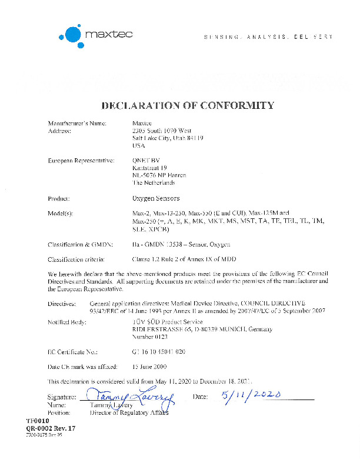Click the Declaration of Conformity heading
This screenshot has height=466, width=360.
click(188, 106)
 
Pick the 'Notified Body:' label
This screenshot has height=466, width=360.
click(68, 322)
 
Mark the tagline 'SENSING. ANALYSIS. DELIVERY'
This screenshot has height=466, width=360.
click(268, 37)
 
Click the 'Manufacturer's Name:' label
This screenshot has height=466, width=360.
click(76, 123)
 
